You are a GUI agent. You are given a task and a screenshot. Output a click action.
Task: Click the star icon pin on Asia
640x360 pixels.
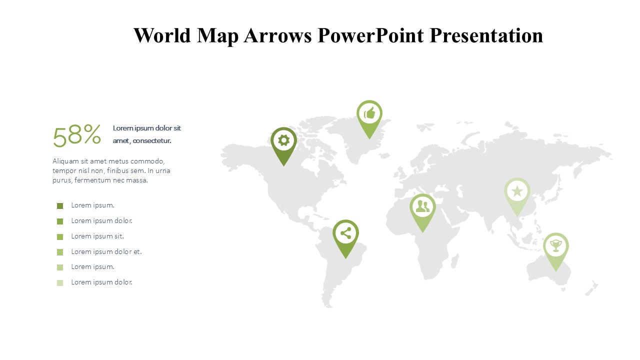pos(517,195)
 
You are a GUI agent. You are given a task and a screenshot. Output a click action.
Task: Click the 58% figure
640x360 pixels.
pos(77,135)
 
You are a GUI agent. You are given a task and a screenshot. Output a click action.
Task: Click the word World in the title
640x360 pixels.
pos(162,35)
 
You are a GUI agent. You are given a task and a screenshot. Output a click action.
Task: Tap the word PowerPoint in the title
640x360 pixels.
pos(370,35)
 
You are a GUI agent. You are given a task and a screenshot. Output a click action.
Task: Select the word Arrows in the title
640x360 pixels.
pos(277,35)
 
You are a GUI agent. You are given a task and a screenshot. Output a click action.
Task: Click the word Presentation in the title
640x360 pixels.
pos(486,35)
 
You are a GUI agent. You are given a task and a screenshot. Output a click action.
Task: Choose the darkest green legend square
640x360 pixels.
pos(60,206)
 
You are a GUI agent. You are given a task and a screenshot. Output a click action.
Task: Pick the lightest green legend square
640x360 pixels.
pos(60,283)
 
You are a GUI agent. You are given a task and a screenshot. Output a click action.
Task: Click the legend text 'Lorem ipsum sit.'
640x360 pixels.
pos(97,236)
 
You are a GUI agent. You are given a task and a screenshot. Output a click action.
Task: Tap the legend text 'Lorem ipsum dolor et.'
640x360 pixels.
pos(106,251)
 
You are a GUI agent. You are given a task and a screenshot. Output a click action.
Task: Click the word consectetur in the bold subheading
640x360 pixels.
pos(152,140)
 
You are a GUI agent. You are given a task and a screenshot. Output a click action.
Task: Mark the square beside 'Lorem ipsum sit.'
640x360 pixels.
pos(60,237)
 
